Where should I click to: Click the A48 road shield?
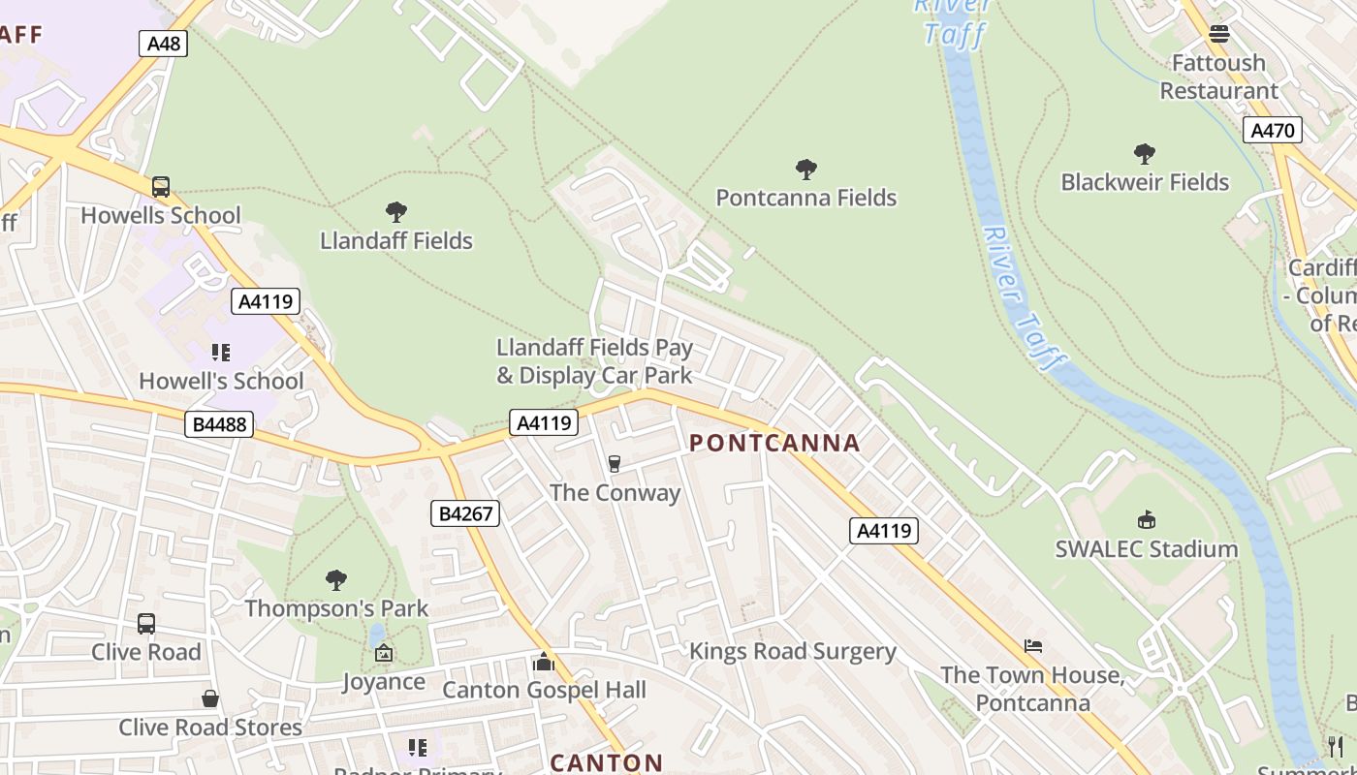click(x=162, y=44)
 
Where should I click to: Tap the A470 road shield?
click(x=1272, y=130)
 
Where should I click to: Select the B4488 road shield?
click(x=219, y=423)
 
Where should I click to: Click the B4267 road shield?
click(x=465, y=513)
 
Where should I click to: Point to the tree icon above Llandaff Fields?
click(x=395, y=211)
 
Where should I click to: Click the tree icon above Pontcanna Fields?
click(x=805, y=170)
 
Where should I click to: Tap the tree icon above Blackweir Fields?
click(x=1144, y=153)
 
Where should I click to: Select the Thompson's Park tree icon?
click(x=336, y=580)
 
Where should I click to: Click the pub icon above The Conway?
click(x=614, y=464)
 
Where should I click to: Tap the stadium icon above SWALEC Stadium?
click(x=1147, y=520)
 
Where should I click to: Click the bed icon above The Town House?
click(x=1033, y=646)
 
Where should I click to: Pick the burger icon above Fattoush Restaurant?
click(x=1218, y=34)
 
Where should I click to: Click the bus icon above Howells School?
click(x=161, y=186)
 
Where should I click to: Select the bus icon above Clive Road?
click(x=146, y=624)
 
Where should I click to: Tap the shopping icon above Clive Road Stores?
click(x=209, y=698)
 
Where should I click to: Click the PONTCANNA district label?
click(x=774, y=444)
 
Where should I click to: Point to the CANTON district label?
click(x=607, y=762)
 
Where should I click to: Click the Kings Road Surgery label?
click(x=792, y=651)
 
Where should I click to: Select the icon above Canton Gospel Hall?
click(x=544, y=662)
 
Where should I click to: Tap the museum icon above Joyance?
click(x=384, y=654)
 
